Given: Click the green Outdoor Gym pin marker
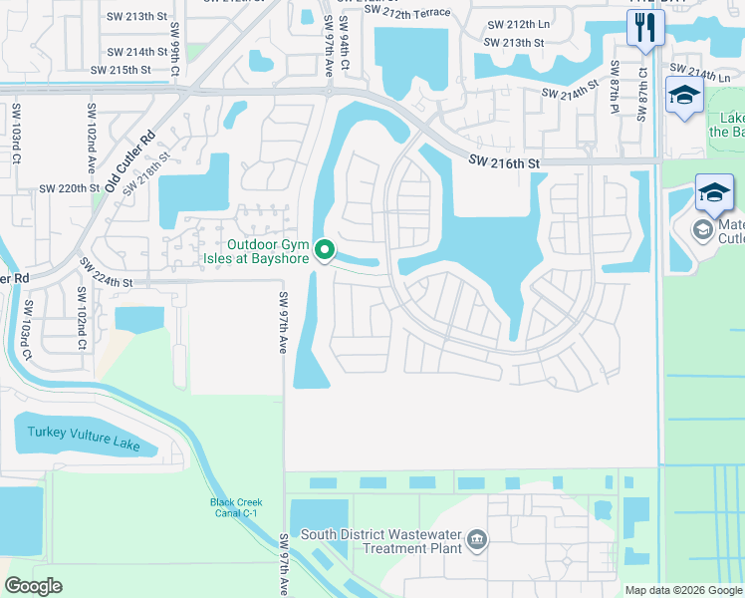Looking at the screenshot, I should pyautogui.click(x=325, y=250).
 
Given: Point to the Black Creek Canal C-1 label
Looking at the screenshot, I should pyautogui.click(x=234, y=507).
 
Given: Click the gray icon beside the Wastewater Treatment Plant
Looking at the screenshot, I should pyautogui.click(x=478, y=540).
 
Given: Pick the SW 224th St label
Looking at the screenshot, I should pyautogui.click(x=106, y=280).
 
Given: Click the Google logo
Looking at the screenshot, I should pyautogui.click(x=33, y=586).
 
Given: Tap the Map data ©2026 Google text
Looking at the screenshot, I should pyautogui.click(x=682, y=590).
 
